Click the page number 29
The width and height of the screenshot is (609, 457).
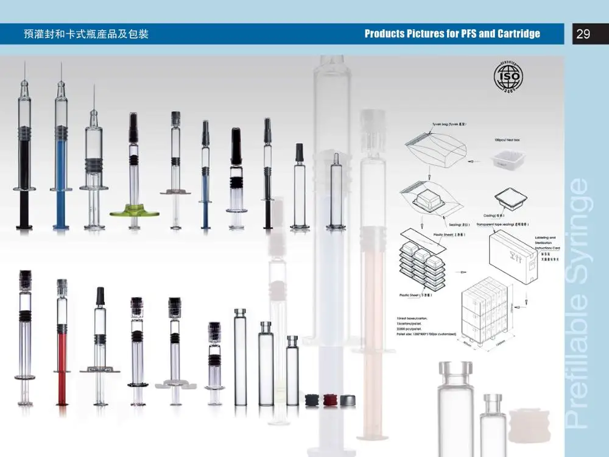coord(583,34)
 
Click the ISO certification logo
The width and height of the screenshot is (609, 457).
coord(506,77)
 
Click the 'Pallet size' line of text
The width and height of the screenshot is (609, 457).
coord(426,334)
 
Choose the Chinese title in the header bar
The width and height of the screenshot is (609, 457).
coord(86,34)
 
